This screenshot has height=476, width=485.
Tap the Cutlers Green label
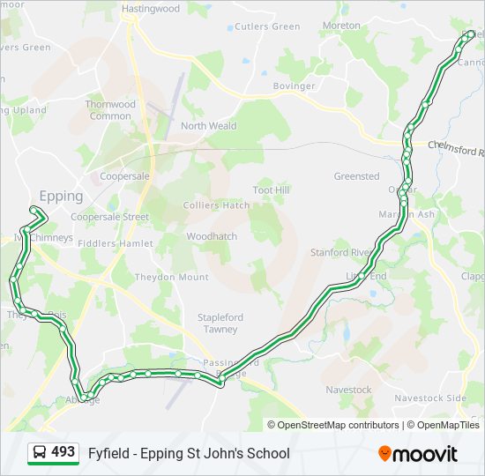(268, 26)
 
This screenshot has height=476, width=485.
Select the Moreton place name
(341, 26)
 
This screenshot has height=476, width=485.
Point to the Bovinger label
(294, 86)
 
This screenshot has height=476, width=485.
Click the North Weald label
(209, 126)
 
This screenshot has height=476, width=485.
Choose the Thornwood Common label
(110, 110)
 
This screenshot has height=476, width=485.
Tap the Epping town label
(61, 196)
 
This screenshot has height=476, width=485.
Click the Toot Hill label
(271, 190)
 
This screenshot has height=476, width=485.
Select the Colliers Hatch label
(216, 205)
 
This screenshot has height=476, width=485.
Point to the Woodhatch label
(212, 236)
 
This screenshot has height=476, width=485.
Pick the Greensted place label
(356, 176)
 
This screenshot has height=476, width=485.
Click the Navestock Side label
(430, 398)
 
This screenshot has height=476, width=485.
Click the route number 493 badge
(53, 452)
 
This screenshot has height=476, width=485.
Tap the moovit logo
(418, 454)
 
